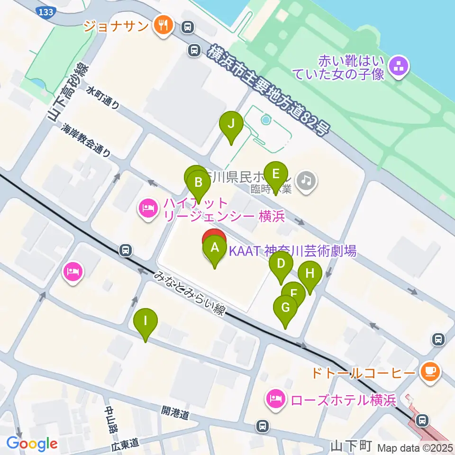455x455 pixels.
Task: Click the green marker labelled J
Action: (x=231, y=124)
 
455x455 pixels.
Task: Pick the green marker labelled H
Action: (x=310, y=273)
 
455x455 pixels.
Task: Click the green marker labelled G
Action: (x=285, y=308)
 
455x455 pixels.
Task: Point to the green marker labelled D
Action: (x=281, y=264)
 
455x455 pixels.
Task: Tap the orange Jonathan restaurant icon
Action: (x=164, y=25)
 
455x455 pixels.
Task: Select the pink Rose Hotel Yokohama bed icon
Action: (x=275, y=400)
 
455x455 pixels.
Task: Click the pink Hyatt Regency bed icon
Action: (x=148, y=209)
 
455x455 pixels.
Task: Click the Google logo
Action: (x=32, y=444)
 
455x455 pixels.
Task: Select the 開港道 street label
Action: (x=175, y=414)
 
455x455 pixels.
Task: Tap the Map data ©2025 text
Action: (x=415, y=447)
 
